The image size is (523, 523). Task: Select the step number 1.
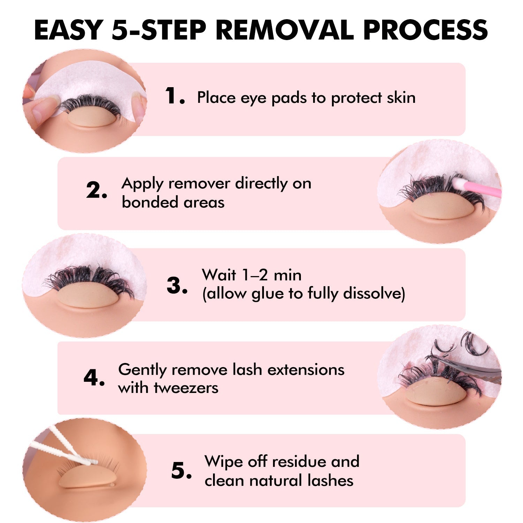coord(174,96)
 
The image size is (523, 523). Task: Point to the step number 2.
coord(96,190)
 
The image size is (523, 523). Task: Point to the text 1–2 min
coord(251,275)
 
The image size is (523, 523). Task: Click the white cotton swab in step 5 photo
coord(66,448)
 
